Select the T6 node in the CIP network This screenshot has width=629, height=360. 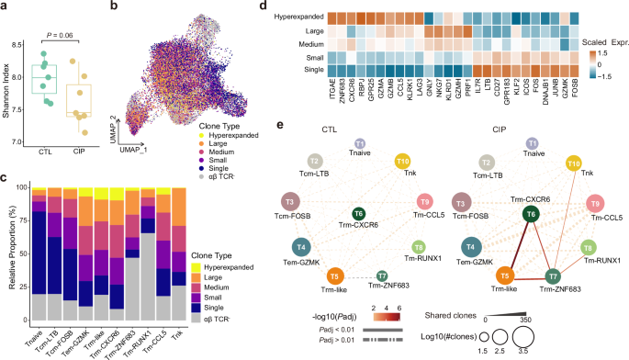click(x=530, y=213)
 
